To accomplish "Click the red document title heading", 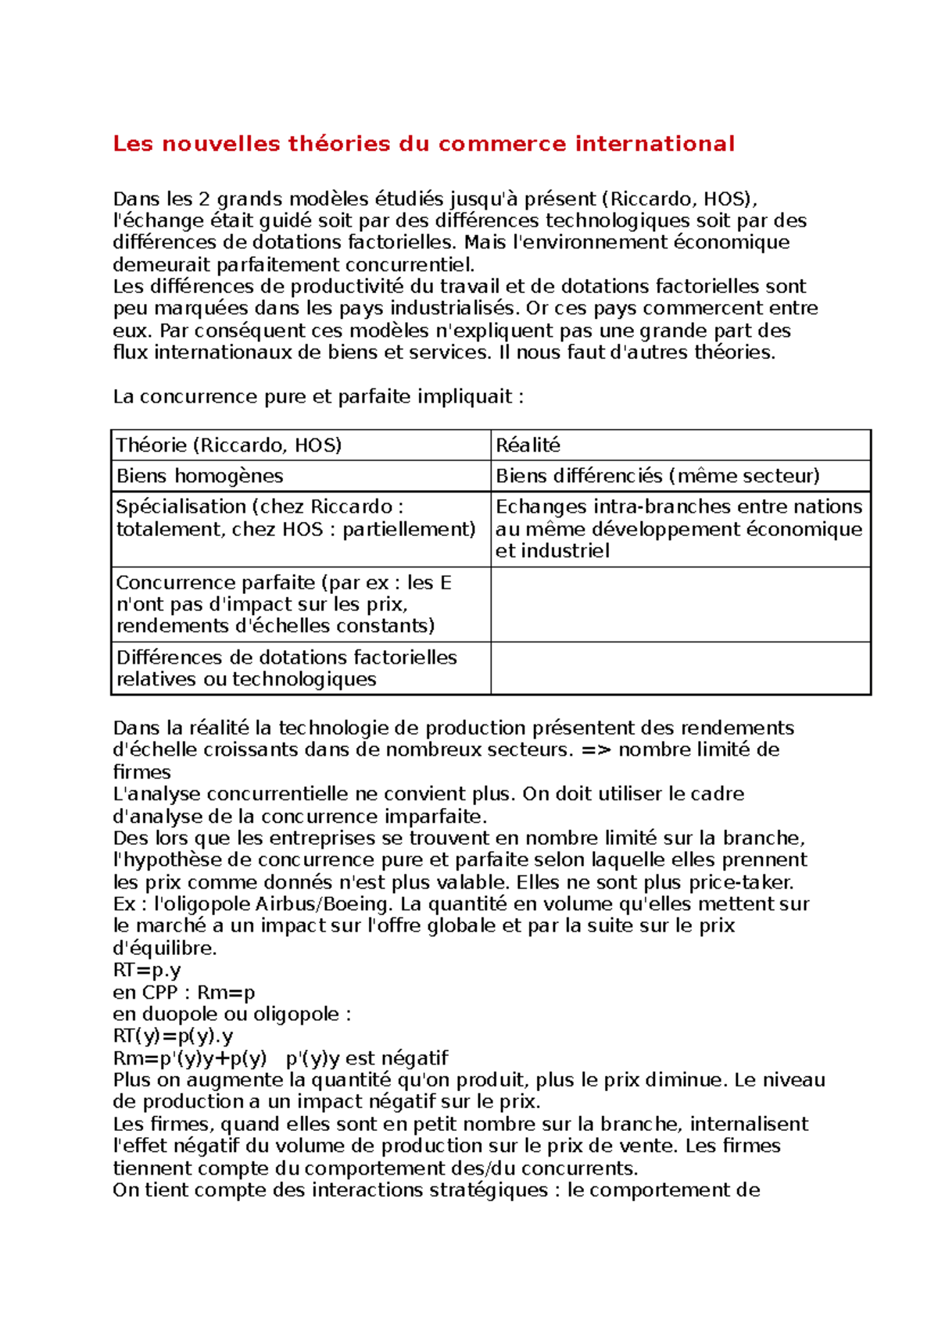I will [423, 144].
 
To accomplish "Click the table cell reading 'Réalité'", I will [528, 445].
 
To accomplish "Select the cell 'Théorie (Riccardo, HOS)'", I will [229, 445].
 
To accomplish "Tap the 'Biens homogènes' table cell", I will [199, 476].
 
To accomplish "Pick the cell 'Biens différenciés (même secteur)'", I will [657, 476].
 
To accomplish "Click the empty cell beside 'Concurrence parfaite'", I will [680, 604].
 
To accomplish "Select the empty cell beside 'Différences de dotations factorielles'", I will [680, 668].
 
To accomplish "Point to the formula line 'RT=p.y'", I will [147, 971].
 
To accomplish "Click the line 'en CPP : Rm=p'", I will [184, 993].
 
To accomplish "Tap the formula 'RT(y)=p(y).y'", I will [173, 1037].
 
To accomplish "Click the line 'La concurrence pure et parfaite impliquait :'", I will [318, 397].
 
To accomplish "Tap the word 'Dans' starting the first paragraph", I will [136, 199].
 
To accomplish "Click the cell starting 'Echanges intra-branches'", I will [678, 528].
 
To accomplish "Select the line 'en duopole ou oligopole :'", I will [232, 1014].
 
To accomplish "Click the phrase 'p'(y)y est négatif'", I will [367, 1059].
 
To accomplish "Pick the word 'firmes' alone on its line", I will [141, 772].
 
